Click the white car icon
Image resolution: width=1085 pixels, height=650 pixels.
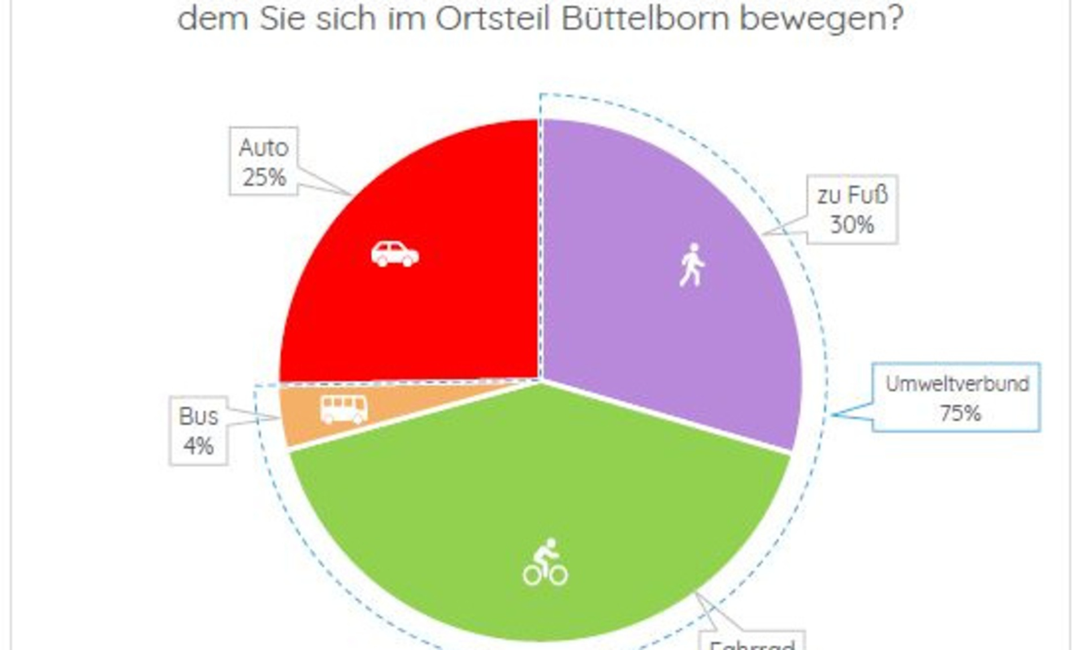[394, 254]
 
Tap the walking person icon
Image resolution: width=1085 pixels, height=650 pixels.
[692, 265]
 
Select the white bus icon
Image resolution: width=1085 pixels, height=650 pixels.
[344, 409]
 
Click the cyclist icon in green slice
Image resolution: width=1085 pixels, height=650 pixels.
[545, 562]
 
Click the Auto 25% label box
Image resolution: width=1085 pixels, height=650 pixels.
[263, 162]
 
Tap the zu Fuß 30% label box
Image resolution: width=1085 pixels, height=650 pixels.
[852, 210]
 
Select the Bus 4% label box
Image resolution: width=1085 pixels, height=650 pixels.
[198, 431]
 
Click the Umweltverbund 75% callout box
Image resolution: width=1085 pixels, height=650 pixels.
[956, 398]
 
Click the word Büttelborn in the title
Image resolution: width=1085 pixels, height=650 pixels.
[645, 19]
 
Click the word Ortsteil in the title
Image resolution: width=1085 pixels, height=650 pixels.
[493, 19]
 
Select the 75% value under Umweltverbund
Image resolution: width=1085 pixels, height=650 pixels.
[960, 413]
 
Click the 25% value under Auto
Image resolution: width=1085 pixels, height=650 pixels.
[264, 178]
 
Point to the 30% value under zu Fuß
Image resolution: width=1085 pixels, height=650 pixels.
[852, 225]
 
